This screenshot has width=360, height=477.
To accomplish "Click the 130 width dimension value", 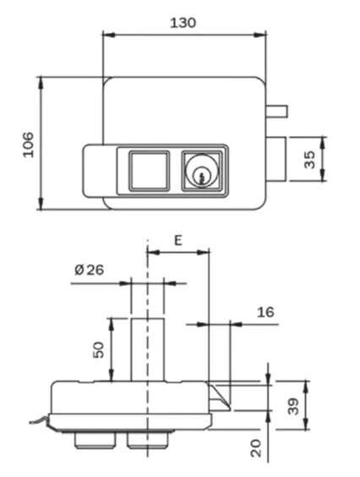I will [x=183, y=22].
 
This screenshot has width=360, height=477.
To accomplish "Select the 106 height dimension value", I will [x=27, y=145].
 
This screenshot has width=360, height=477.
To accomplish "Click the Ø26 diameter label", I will [x=89, y=270].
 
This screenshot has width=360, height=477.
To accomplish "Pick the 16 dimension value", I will [x=265, y=312].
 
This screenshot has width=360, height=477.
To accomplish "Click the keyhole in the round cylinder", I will [x=202, y=175].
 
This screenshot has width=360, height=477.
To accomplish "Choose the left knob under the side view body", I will [x=87, y=441].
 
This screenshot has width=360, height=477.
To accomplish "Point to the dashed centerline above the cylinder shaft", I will [x=148, y=279].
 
